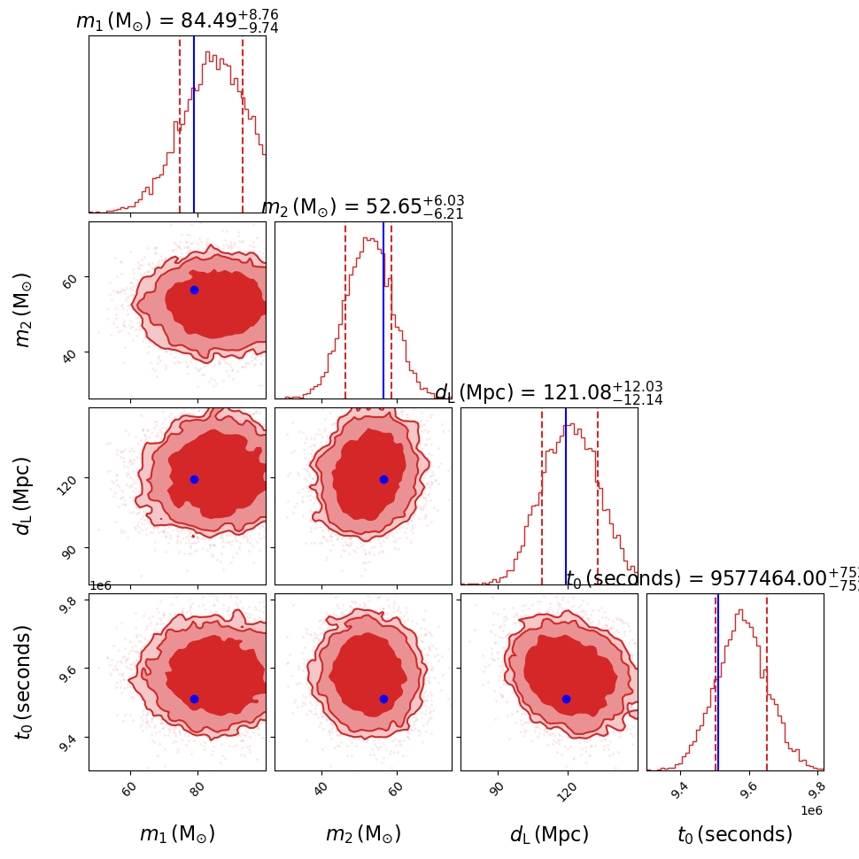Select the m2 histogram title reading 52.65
363,207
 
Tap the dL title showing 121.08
548,393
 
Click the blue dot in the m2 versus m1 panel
194,290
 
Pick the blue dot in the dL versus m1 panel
194,479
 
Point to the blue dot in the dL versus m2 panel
383,479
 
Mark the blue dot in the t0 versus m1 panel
194,699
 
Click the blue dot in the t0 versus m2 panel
383,699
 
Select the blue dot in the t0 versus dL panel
566,699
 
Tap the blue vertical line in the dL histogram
566,496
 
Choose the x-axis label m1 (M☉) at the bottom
177,834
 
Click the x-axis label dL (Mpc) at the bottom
549,834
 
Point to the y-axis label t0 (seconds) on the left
24,682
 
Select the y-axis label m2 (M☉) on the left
24,309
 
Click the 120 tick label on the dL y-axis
70,479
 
